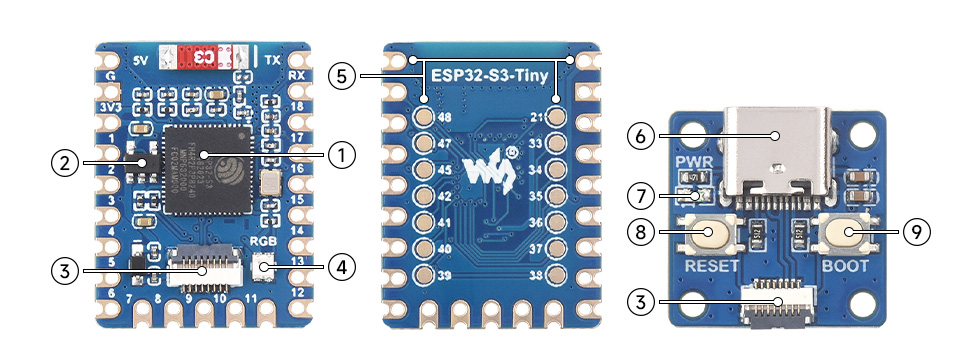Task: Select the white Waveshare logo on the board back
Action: point(487,167)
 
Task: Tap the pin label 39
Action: point(444,275)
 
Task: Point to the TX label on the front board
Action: point(272,59)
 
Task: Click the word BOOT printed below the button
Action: point(846,266)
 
